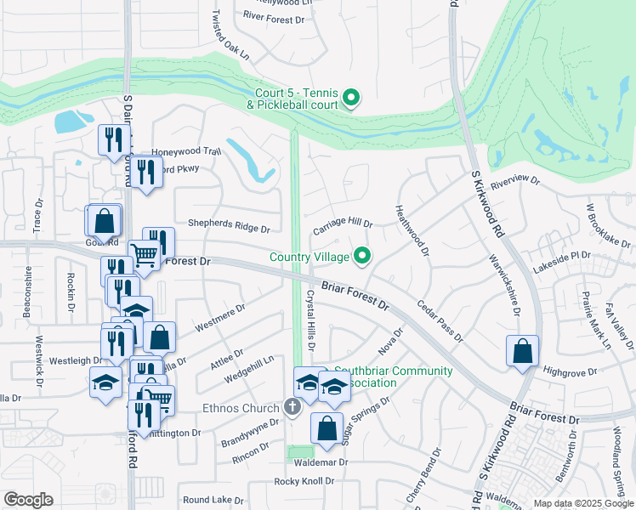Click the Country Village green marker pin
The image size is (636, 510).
point(363,255)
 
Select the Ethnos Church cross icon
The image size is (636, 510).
point(292,407)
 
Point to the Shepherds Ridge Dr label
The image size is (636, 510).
point(229,229)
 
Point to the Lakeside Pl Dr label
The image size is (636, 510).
point(561,255)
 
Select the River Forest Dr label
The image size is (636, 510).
point(273,17)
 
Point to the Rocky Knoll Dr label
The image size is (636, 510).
point(304,482)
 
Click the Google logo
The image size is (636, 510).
point(28,500)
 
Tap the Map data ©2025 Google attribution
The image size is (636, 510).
point(582,503)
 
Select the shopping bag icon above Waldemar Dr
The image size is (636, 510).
point(327,429)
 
